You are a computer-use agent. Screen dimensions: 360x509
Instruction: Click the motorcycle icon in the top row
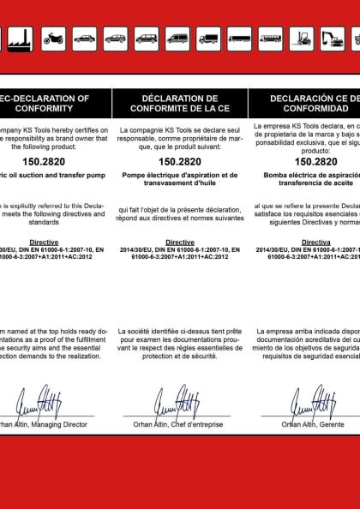pos(53,38)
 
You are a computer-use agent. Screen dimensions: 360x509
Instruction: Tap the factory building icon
pos(21,38)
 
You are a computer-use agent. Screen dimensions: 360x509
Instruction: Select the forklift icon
pos(301,38)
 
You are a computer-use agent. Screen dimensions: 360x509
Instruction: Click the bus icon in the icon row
pos(270,38)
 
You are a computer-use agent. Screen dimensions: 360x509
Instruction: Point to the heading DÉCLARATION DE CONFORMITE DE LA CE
pos(180,104)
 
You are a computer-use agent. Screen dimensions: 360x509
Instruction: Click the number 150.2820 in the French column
pos(180,160)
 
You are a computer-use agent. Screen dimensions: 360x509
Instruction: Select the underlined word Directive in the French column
pos(180,243)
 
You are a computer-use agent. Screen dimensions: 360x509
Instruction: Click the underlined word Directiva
pos(315,243)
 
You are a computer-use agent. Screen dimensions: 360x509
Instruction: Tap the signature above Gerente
pos(312,400)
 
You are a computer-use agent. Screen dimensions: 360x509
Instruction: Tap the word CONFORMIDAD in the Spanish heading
pos(315,109)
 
